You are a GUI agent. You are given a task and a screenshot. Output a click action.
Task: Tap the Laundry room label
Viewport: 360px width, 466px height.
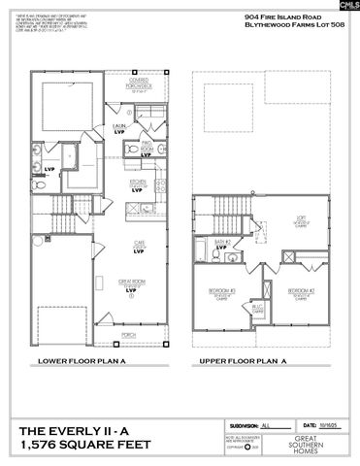[114, 126]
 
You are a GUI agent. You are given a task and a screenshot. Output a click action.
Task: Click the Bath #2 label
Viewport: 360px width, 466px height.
[222, 243]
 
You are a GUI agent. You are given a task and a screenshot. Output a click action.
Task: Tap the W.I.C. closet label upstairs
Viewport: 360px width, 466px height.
[258, 308]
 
